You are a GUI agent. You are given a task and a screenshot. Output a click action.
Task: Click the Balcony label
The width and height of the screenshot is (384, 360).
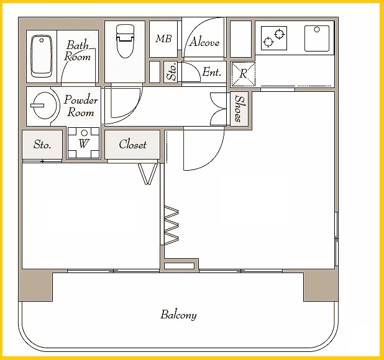[178, 315]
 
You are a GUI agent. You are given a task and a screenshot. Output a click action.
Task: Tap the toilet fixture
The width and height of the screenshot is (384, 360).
[125, 41]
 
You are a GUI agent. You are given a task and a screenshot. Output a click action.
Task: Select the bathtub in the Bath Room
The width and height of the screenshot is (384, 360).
[42, 56]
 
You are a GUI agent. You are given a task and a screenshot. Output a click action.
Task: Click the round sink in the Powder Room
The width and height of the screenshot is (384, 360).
[45, 106]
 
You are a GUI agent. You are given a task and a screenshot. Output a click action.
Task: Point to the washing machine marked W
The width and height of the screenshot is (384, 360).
[83, 143]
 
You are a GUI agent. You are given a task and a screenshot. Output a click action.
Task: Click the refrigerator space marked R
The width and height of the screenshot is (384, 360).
[243, 74]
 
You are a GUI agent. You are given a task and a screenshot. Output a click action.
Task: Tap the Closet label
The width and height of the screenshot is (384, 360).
[132, 145]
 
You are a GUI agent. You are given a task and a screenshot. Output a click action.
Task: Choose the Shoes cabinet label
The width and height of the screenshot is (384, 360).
[240, 109]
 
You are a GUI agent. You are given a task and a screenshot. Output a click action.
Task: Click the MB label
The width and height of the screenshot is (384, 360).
[163, 38]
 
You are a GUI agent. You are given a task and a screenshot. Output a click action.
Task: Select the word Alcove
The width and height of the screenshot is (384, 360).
[204, 42]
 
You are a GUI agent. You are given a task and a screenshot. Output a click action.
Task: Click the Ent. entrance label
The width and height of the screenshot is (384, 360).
[212, 72]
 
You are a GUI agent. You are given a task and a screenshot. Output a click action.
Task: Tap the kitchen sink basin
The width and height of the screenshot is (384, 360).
[317, 38]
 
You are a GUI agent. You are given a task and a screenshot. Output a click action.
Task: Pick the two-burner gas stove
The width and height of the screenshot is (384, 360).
[274, 38]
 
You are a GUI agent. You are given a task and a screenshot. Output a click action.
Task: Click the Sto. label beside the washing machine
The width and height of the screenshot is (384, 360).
[42, 145]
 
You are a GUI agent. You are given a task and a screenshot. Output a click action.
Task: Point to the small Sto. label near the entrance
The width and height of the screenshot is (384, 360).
[172, 71]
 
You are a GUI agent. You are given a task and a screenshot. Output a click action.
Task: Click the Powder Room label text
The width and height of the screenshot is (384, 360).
[81, 106]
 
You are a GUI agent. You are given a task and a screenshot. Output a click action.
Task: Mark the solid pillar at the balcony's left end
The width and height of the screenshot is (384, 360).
[36, 286]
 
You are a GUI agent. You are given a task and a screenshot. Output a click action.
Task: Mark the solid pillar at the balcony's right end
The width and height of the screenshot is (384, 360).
[321, 286]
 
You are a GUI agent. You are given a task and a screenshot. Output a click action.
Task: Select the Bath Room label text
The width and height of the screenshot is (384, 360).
[78, 51]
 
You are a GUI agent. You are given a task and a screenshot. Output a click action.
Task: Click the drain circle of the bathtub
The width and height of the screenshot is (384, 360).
[42, 40]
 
